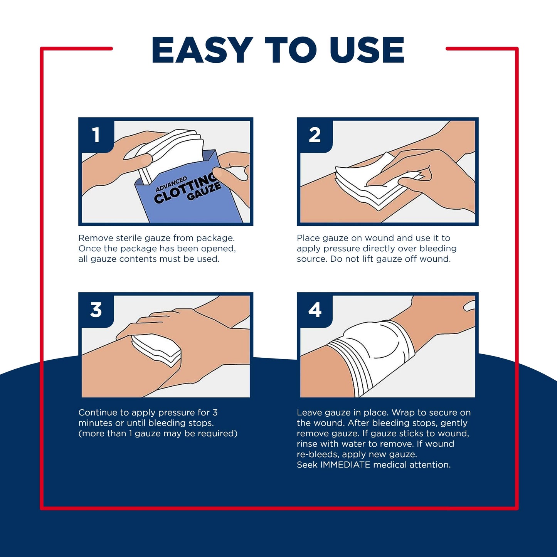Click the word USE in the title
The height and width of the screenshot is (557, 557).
[x=367, y=50]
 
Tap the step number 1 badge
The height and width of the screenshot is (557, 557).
[x=96, y=135]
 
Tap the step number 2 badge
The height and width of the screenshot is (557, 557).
[x=315, y=135]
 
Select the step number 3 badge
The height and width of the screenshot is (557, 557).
[x=96, y=310]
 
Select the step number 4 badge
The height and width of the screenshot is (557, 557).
[x=315, y=310]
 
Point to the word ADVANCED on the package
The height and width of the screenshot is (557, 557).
[x=171, y=184]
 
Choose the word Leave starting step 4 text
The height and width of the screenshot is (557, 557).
[x=309, y=413]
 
